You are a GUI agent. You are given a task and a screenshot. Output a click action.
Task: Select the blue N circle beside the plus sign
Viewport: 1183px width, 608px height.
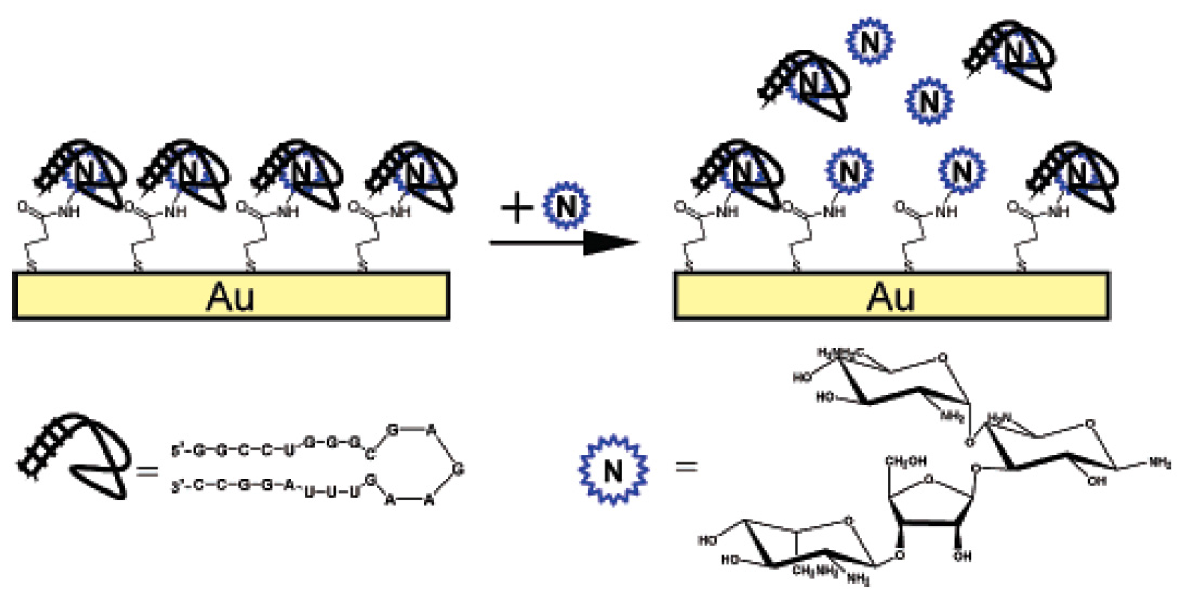[566, 206]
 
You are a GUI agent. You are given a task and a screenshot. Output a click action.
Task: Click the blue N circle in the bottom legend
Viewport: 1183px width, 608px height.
[613, 470]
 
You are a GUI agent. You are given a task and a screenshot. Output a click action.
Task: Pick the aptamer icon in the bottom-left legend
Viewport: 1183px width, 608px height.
[74, 457]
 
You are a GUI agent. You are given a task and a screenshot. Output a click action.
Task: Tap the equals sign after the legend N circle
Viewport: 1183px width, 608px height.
[686, 467]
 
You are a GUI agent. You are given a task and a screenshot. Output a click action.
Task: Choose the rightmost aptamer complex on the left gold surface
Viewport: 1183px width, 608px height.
[413, 174]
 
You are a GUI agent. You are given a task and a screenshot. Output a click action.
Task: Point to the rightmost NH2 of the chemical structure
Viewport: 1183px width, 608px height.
[1159, 464]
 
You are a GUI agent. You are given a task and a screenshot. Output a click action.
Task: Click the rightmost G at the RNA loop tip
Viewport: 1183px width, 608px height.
[458, 469]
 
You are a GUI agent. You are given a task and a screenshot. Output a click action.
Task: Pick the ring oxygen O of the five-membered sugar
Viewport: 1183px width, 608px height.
[929, 480]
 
